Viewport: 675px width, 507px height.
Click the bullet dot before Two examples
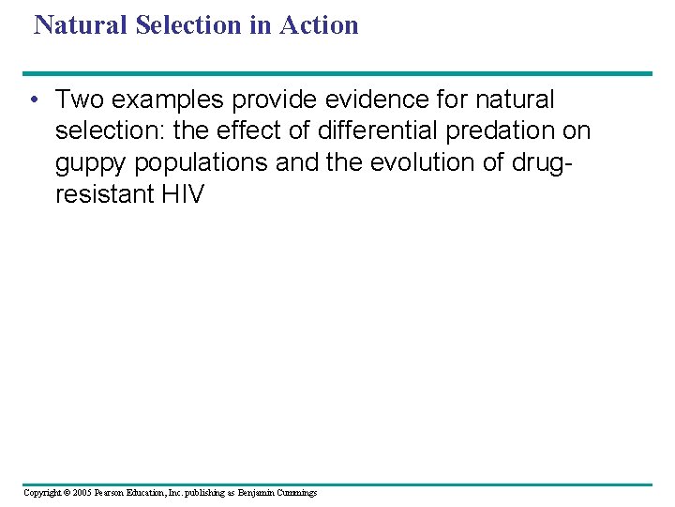pos(33,100)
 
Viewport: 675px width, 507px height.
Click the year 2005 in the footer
pos(81,493)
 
